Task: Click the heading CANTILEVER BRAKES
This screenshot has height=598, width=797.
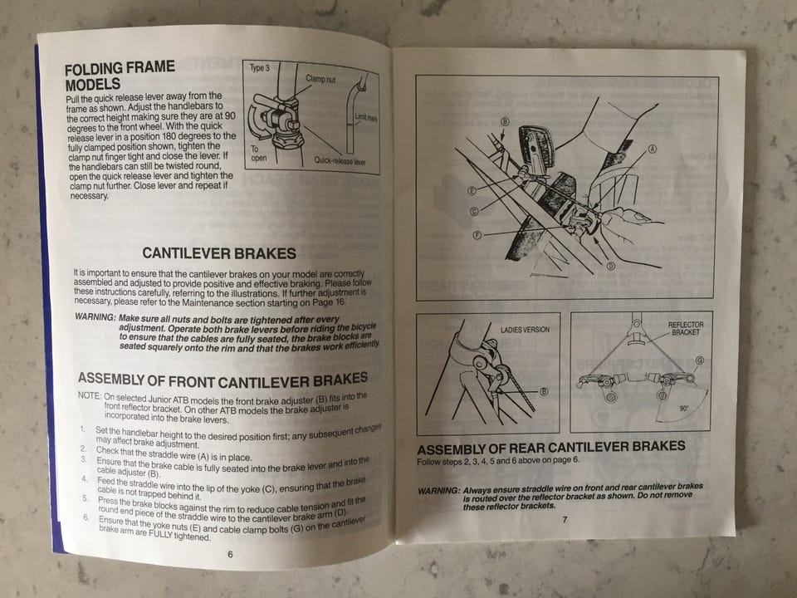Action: (219, 253)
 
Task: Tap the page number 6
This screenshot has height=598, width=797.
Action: (230, 554)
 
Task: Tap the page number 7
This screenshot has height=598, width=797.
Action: (565, 520)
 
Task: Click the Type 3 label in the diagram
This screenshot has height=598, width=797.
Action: (259, 68)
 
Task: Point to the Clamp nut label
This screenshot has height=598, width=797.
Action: (320, 79)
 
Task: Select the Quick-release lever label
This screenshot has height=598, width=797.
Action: (340, 160)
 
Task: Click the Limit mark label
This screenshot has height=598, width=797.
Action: (366, 117)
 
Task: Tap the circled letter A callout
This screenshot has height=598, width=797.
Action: (653, 149)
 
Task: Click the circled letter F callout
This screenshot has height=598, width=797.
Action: (477, 235)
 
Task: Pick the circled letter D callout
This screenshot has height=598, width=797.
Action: (610, 266)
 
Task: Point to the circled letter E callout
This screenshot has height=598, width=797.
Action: (472, 191)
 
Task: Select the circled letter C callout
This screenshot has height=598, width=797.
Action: (474, 212)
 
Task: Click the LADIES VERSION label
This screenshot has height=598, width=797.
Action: (525, 330)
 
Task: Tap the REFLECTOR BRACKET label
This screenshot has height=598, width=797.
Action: (686, 329)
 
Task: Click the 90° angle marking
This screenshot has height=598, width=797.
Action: (683, 409)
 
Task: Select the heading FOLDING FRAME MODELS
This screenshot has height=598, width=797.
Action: (120, 76)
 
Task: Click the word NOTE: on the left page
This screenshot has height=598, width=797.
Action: (90, 395)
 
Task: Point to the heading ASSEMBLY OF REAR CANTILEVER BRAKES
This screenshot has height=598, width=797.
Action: (551, 448)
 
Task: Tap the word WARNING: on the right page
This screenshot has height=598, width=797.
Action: (438, 491)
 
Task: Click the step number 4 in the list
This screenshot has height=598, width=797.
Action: (85, 479)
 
